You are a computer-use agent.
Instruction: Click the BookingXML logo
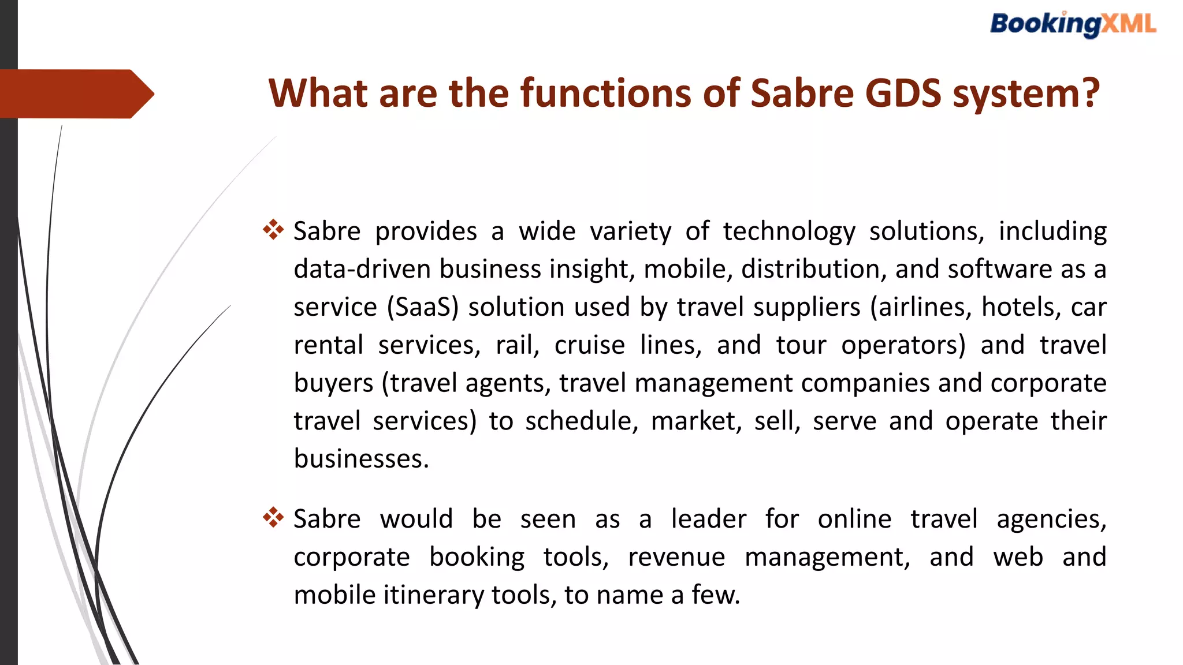click(x=1073, y=25)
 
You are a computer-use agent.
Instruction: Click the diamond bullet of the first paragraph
click(x=273, y=230)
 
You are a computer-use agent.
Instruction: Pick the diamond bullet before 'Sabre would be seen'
click(x=273, y=517)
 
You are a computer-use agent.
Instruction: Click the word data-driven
click(x=362, y=269)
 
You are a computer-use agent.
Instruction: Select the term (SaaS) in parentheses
click(x=423, y=307)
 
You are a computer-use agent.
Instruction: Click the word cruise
click(x=589, y=345)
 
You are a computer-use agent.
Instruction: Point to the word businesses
click(x=361, y=459)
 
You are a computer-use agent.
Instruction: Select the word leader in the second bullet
click(x=708, y=519)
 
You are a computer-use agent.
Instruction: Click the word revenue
click(x=676, y=557)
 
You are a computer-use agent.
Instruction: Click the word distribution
click(x=814, y=269)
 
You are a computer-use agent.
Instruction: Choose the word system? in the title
click(x=1026, y=93)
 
